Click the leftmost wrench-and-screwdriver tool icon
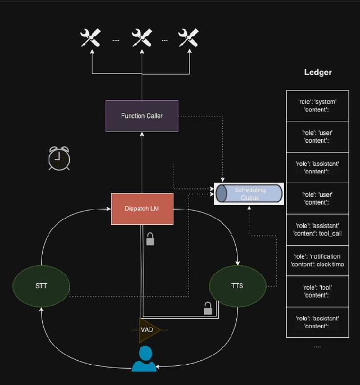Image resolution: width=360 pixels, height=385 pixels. [x=90, y=38]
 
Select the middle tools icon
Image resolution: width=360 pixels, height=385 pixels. [x=142, y=38]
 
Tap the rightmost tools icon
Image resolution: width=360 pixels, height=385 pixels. [x=188, y=38]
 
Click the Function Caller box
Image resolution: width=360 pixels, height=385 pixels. [x=142, y=116]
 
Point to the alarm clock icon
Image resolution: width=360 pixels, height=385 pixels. [x=59, y=158]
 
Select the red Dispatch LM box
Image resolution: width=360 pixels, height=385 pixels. [x=142, y=209]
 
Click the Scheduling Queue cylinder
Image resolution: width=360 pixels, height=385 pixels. [x=249, y=194]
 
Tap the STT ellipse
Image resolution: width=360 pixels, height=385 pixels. [x=41, y=286]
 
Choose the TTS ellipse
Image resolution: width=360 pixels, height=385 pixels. [x=237, y=286]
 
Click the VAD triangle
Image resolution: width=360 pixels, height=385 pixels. [x=148, y=329]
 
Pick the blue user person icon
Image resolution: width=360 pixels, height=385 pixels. [x=144, y=359]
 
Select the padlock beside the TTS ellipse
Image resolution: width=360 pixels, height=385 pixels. [x=208, y=308]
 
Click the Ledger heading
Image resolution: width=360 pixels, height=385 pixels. [x=318, y=72]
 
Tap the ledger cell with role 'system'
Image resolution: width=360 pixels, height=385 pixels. [x=317, y=106]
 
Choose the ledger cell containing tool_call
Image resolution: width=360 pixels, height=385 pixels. [x=317, y=229]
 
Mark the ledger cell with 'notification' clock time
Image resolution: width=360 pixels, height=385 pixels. [x=317, y=260]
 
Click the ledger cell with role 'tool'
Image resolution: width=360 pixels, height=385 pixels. [x=317, y=291]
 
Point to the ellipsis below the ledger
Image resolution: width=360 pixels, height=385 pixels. [x=317, y=346]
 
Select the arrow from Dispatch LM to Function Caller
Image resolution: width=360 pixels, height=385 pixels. [x=142, y=163]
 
